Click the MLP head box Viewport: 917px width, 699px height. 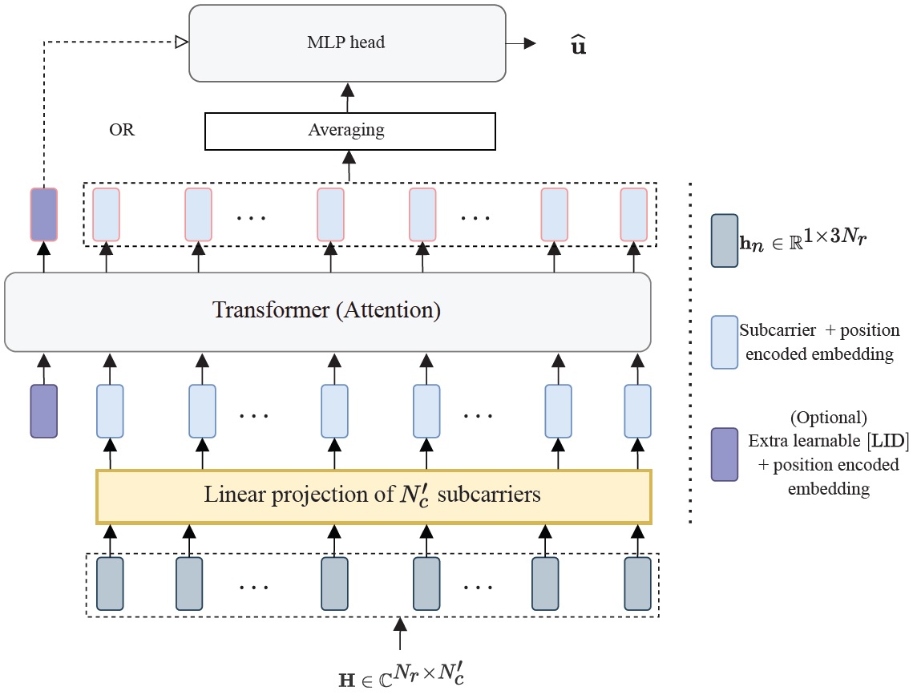(x=347, y=42)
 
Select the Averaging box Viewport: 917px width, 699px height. (x=350, y=131)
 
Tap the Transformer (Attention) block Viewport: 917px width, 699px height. (x=327, y=311)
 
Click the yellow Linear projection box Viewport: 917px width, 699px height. (x=374, y=495)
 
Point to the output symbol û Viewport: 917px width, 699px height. (x=576, y=45)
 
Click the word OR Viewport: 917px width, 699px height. (x=122, y=130)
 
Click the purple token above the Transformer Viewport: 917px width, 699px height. (x=43, y=215)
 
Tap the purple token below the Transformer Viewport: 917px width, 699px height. (x=43, y=411)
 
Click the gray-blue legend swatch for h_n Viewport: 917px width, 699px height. (x=725, y=240)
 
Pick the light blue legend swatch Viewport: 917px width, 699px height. (x=725, y=341)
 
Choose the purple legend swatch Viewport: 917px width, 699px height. (x=725, y=454)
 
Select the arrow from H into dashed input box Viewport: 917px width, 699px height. (x=399, y=633)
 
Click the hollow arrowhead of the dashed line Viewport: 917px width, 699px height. (x=181, y=42)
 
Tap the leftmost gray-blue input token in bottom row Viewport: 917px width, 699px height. (x=110, y=584)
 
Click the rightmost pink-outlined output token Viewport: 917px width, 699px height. (x=633, y=215)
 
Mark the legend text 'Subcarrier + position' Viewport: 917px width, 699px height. (x=819, y=330)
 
